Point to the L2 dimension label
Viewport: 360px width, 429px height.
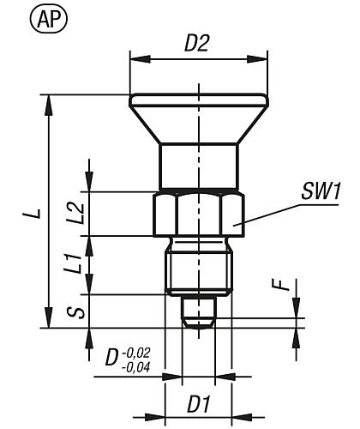click(75, 213)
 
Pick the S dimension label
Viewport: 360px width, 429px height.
click(75, 311)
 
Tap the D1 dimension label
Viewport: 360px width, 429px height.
click(199, 401)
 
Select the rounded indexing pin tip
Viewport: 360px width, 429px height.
click(198, 313)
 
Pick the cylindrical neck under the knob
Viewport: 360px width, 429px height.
click(198, 166)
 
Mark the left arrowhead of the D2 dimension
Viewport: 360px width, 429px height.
click(135, 58)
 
